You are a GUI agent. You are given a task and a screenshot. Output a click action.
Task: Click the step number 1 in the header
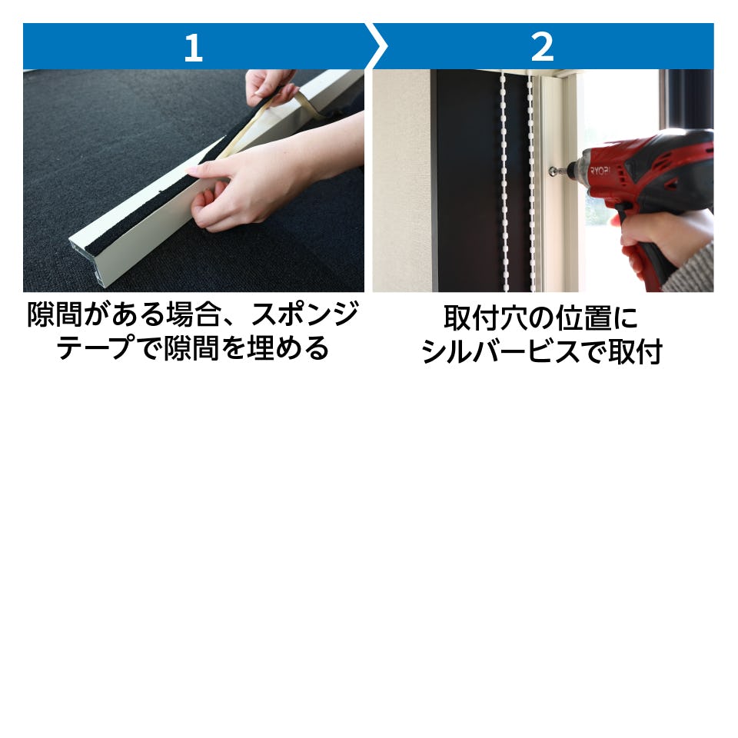pyautogui.click(x=194, y=48)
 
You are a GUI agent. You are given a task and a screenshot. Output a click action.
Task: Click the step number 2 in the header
pyautogui.click(x=542, y=48)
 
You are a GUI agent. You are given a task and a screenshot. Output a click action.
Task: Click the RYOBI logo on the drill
pyautogui.click(x=600, y=169)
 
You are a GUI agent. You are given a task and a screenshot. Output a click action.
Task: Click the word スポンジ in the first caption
pyautogui.click(x=305, y=314)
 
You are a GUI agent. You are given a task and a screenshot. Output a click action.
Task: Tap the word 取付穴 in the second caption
pyautogui.click(x=485, y=317)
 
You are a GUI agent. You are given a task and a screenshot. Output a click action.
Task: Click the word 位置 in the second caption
pyautogui.click(x=583, y=317)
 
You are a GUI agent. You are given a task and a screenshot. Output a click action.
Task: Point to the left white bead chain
pyautogui.click(x=504, y=181)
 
